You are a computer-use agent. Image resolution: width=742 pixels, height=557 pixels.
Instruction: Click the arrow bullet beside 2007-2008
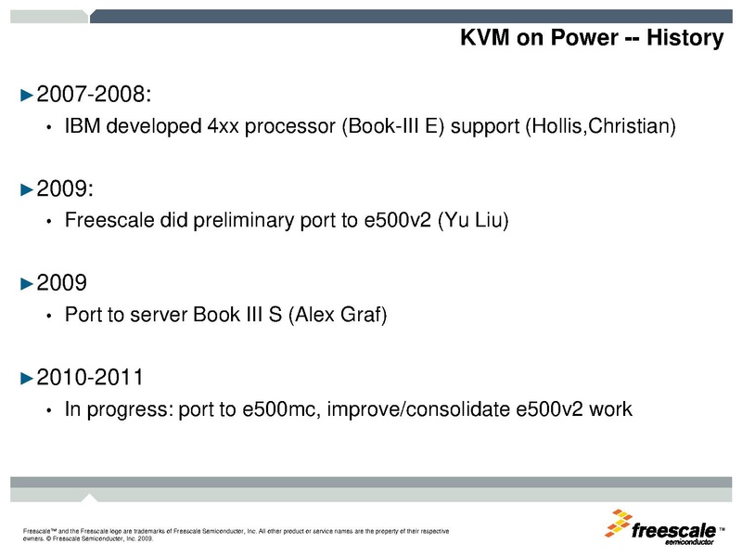point(27,95)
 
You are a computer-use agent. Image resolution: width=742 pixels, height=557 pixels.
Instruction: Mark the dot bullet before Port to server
point(48,316)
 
